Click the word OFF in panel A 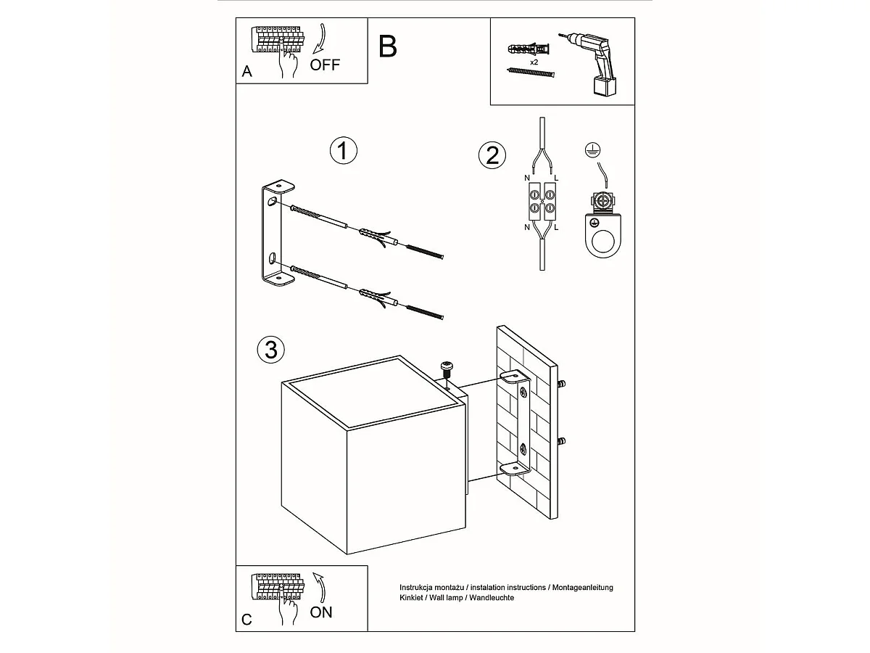click(x=325, y=65)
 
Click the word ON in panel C click(x=321, y=612)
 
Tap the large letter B click(x=388, y=46)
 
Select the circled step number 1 click(x=344, y=151)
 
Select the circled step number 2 click(x=492, y=155)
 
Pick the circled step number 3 click(x=271, y=350)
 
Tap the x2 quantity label click(x=534, y=62)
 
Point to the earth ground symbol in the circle click(x=592, y=150)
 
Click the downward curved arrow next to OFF click(x=320, y=38)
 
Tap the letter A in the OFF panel click(x=247, y=71)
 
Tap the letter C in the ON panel click(x=246, y=620)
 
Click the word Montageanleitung click(x=583, y=588)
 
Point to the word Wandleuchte click(x=492, y=598)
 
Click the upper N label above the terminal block click(x=527, y=178)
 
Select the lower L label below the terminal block click(x=556, y=227)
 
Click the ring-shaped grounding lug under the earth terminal click(x=603, y=237)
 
